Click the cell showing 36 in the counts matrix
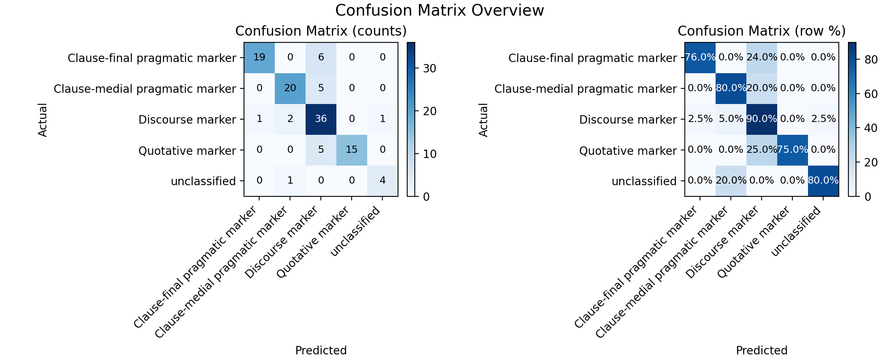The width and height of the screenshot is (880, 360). click(x=321, y=119)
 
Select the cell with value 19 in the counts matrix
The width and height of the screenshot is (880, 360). click(x=260, y=58)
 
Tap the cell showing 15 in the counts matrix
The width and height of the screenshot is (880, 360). click(x=352, y=150)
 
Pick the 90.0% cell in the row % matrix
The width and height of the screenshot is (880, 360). click(x=762, y=119)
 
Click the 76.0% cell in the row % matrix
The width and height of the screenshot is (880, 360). click(x=700, y=58)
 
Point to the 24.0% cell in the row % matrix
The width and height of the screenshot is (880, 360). click(x=762, y=58)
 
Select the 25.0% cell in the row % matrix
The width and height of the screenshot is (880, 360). click(x=762, y=150)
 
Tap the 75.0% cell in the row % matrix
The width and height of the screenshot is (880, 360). click(x=792, y=150)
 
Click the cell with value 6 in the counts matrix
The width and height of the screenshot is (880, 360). click(x=321, y=58)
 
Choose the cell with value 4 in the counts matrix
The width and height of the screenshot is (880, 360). click(x=382, y=181)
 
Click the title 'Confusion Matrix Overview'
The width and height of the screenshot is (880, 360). click(x=440, y=10)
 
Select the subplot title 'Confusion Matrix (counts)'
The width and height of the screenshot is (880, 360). click(x=321, y=31)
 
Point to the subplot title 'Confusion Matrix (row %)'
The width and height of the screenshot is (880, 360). click(x=762, y=31)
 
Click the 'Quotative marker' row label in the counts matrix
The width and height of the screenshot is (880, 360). click(x=187, y=151)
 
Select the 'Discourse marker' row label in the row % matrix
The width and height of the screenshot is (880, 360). click(x=628, y=120)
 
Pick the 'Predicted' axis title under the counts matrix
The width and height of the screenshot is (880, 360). click(x=321, y=350)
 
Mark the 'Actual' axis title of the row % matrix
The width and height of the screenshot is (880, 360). click(x=484, y=120)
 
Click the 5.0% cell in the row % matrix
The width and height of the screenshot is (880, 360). click(x=731, y=119)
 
